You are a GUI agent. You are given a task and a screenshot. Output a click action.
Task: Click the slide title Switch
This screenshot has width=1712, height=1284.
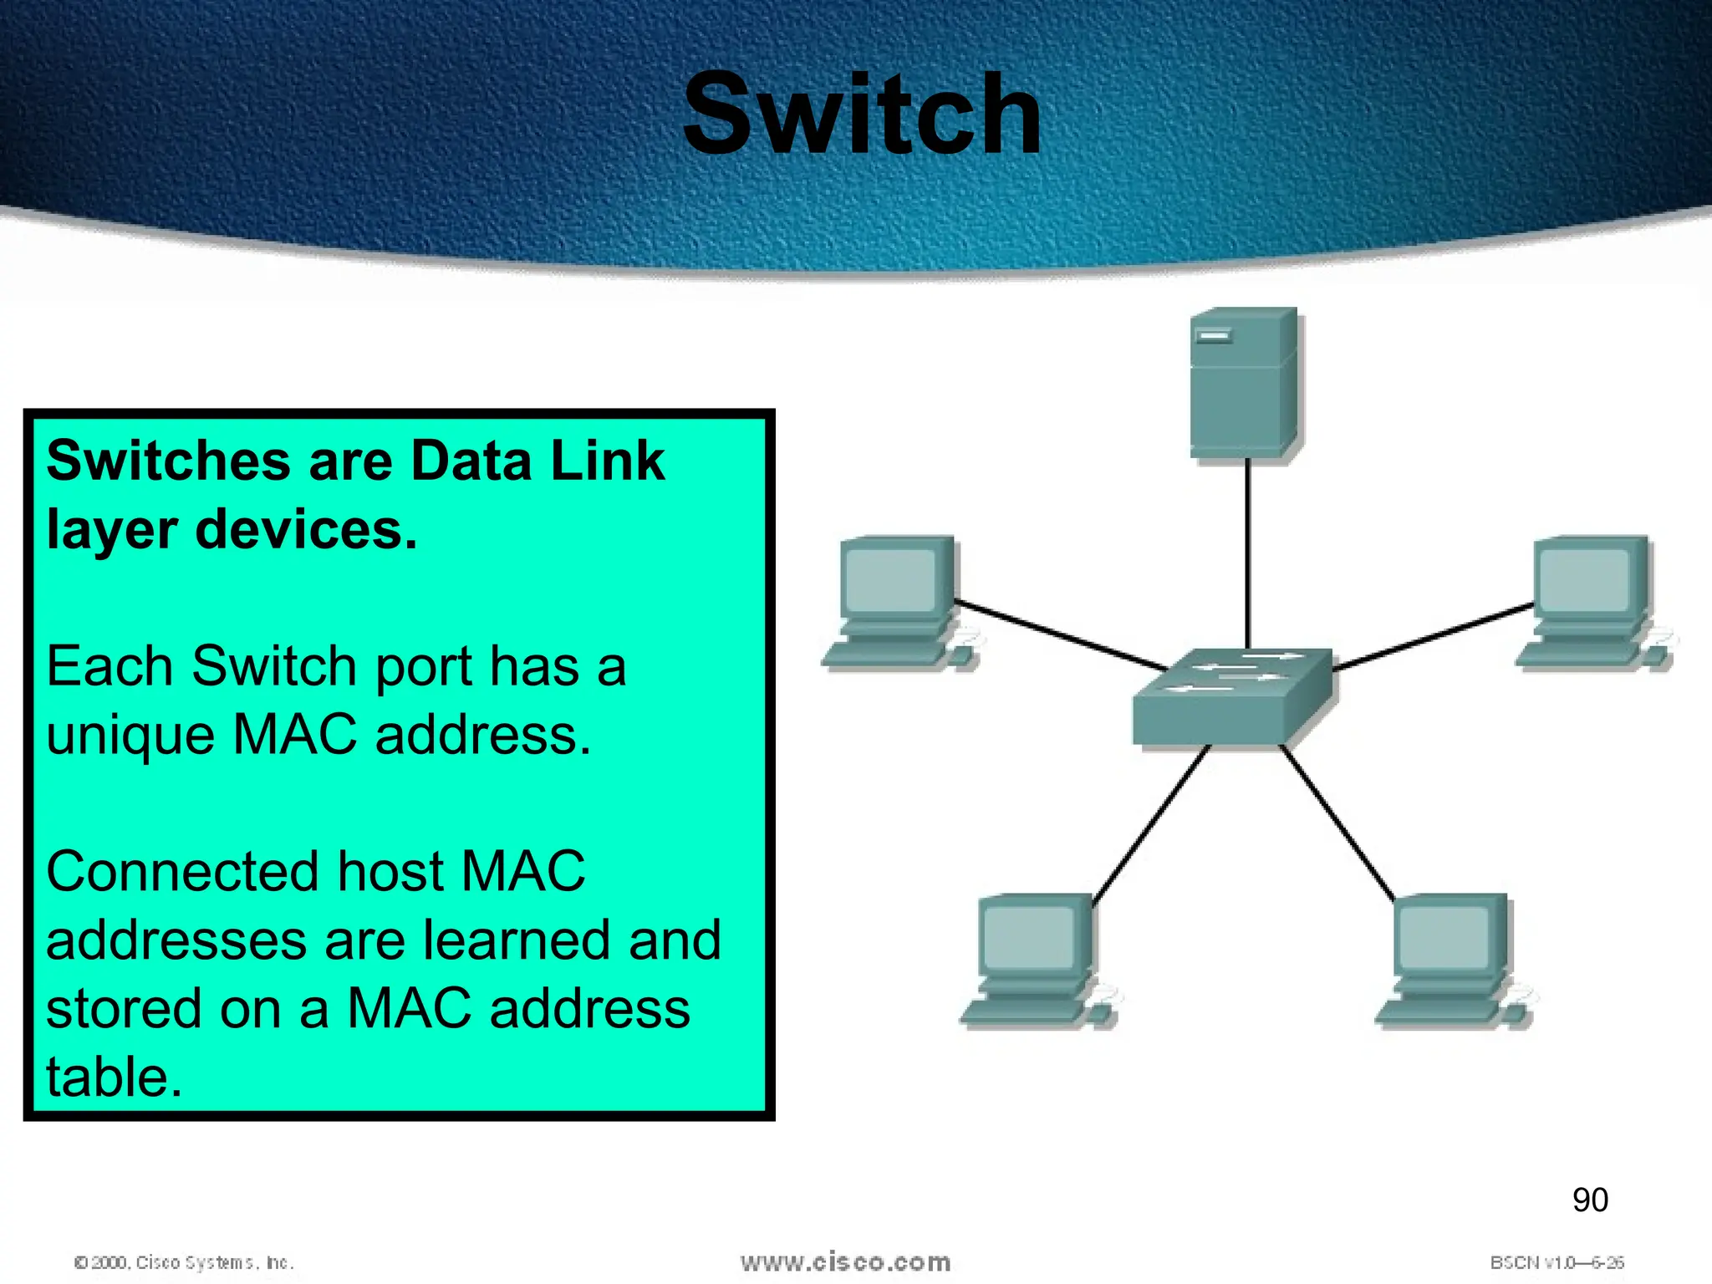point(862,115)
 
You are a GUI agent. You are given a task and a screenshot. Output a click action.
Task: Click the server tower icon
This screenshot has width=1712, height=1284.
point(1245,383)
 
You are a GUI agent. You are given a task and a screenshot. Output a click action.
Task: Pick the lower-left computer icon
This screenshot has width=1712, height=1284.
point(1037,960)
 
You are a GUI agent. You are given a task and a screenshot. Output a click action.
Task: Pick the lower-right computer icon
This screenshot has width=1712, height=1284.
point(1451,960)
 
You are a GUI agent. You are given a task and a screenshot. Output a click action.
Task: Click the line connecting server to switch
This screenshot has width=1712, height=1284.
point(1248,552)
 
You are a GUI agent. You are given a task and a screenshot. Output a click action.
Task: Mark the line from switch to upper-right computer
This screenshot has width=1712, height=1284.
point(1433,637)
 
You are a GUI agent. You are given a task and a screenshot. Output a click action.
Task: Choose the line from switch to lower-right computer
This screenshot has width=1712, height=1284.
point(1337,823)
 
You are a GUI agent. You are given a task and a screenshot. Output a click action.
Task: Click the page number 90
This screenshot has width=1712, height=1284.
point(1590,1200)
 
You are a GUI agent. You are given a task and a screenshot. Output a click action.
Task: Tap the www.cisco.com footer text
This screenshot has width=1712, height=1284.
point(845,1261)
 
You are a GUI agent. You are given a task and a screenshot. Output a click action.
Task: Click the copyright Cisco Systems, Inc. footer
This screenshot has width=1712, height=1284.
point(184,1262)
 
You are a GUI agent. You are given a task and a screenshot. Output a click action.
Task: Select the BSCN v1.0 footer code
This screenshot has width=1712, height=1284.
point(1557,1262)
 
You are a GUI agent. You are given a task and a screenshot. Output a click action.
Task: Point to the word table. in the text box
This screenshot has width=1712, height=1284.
point(114,1077)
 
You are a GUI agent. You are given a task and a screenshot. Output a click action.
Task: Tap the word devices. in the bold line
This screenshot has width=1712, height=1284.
point(306,530)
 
